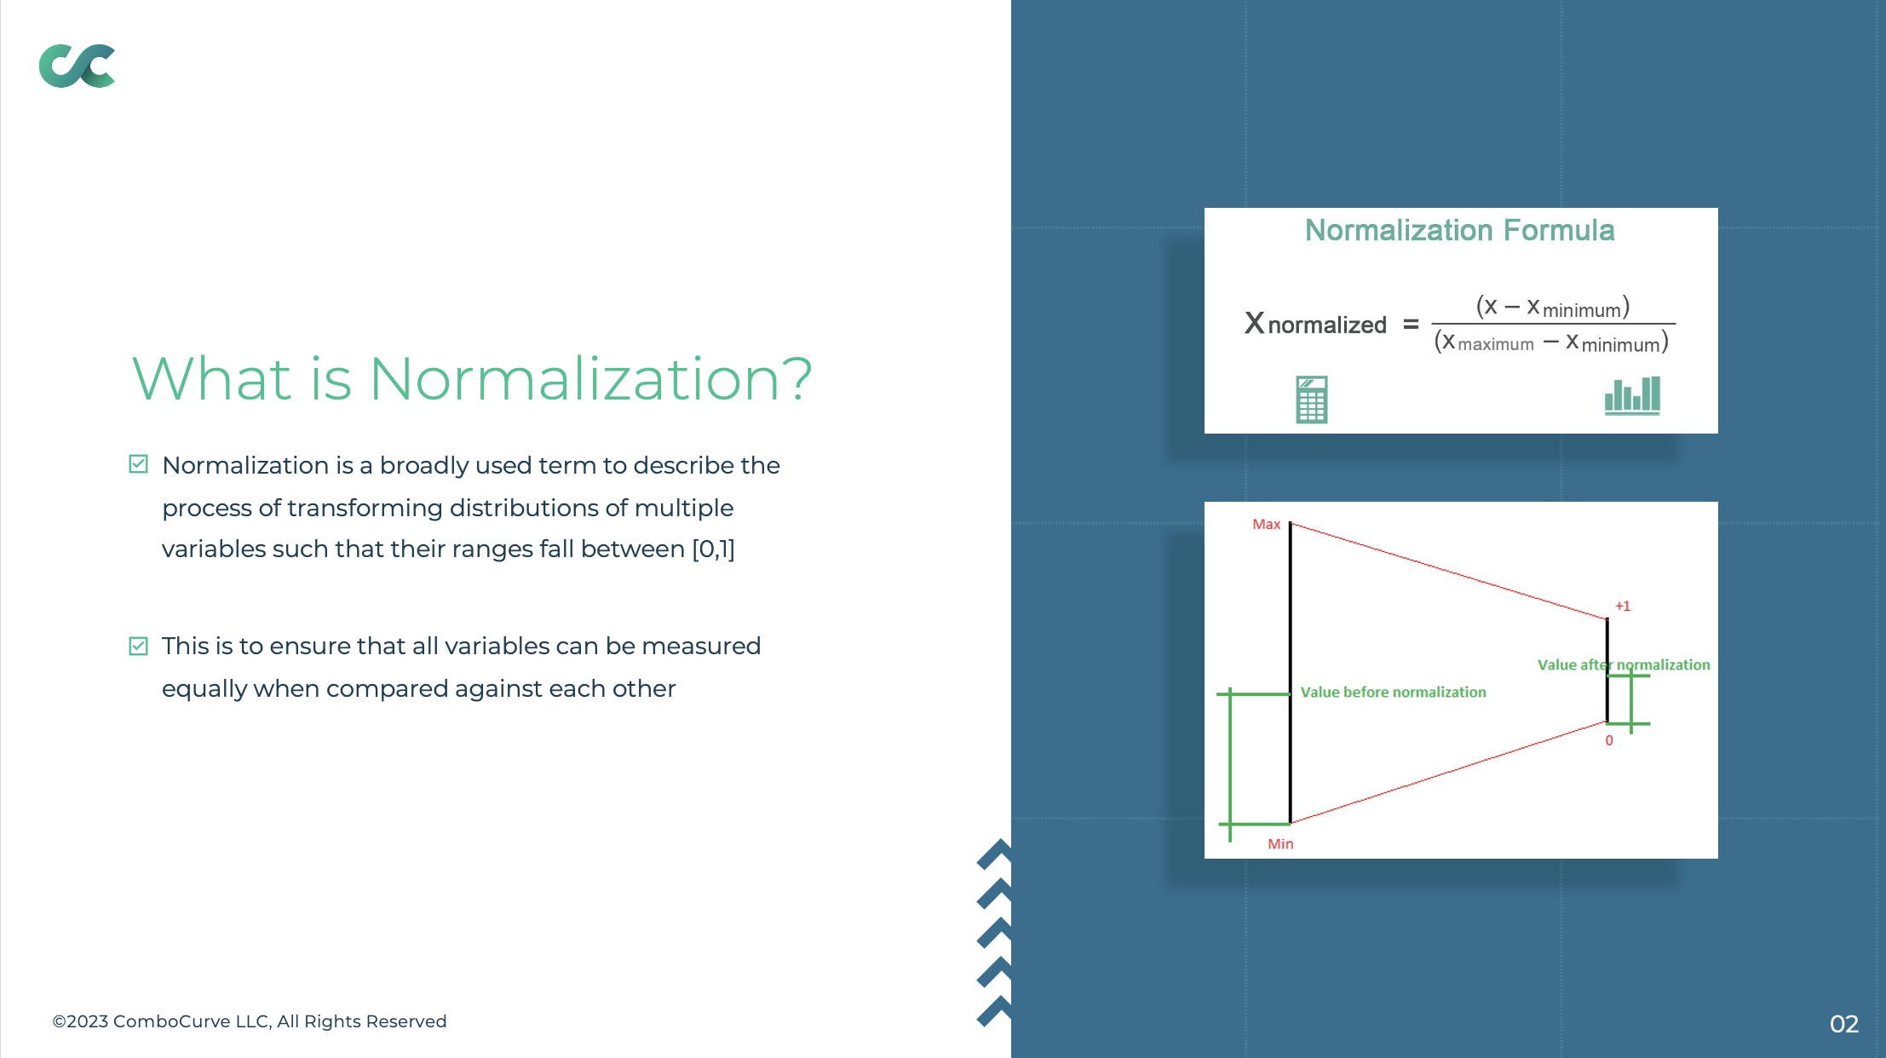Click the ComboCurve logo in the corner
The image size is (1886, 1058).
tap(77, 66)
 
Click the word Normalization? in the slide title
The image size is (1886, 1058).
tap(590, 379)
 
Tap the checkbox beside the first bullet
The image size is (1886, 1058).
tap(138, 464)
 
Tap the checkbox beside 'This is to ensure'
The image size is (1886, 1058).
tap(138, 646)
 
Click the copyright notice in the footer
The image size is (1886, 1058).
tap(250, 1021)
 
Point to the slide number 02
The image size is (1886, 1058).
tap(1843, 1024)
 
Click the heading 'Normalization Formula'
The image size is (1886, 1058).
tap(1460, 230)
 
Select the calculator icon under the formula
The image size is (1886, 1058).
tap(1312, 400)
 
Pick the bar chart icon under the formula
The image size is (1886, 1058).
tap(1632, 396)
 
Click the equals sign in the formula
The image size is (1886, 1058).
tap(1411, 325)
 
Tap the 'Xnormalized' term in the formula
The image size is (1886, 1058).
tap(1315, 324)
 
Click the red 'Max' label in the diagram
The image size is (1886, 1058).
tap(1266, 524)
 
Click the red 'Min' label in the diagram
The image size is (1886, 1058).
tap(1280, 843)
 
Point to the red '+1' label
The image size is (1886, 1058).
tap(1623, 606)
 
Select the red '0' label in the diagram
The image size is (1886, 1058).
tap(1609, 740)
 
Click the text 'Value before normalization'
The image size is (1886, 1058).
tap(1393, 692)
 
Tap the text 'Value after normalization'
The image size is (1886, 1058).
tap(1624, 664)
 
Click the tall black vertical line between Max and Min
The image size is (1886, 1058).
tap(1290, 673)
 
